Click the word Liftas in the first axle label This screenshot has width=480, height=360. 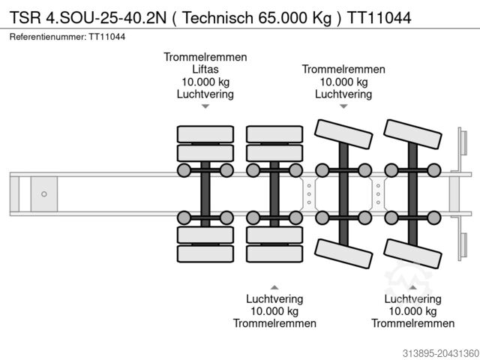tap(205, 69)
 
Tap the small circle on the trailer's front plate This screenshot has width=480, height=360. tap(43, 193)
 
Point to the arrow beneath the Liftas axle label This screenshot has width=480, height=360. tap(205, 107)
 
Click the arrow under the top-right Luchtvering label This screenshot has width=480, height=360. tap(343, 107)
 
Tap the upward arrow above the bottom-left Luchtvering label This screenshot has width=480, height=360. tap(274, 287)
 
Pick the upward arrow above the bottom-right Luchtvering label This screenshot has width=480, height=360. tap(412, 287)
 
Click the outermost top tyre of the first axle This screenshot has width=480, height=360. tap(205, 134)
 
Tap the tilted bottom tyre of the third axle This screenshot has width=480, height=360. tap(343, 254)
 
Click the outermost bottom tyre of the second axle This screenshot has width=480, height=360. tap(274, 253)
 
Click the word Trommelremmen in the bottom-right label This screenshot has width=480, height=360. tap(412, 323)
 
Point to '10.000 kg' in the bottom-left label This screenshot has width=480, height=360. tap(274, 310)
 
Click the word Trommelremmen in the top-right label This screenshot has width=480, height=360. tap(343, 69)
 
